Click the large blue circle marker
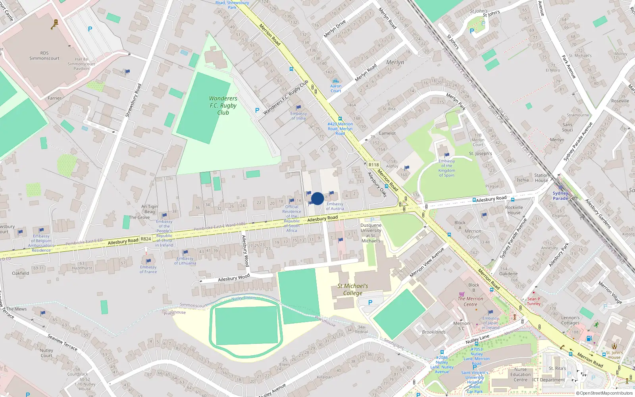[317, 198]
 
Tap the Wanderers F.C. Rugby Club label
[223, 105]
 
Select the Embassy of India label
[298, 116]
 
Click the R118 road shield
[373, 165]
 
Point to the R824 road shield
[146, 239]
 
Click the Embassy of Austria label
[335, 206]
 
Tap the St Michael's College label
[352, 289]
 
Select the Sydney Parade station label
[560, 196]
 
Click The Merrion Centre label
[470, 301]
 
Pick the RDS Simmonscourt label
[44, 56]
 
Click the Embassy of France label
[148, 269]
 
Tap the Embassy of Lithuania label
[185, 260]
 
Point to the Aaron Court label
[336, 88]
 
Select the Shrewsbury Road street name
[133, 100]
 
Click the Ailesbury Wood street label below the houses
[234, 278]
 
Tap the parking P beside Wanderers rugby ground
[257, 110]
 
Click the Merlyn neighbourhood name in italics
[395, 62]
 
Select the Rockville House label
[514, 210]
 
